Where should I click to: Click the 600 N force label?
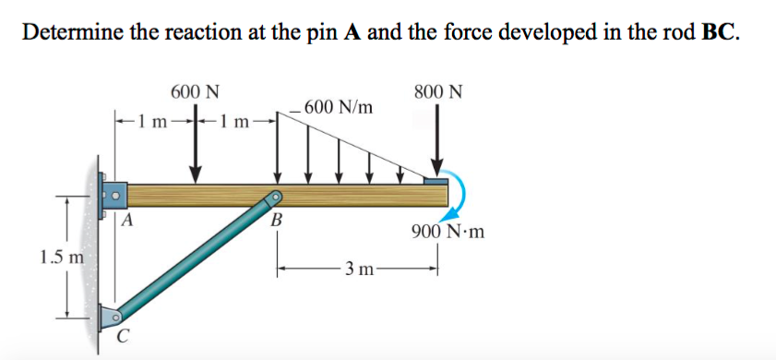(x=195, y=92)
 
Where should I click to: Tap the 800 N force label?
(x=438, y=92)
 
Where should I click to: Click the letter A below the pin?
(x=128, y=220)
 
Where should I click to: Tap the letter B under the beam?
(x=275, y=221)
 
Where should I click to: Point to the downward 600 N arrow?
(x=196, y=148)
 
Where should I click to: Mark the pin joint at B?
(x=275, y=197)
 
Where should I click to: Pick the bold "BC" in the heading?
(x=720, y=33)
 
